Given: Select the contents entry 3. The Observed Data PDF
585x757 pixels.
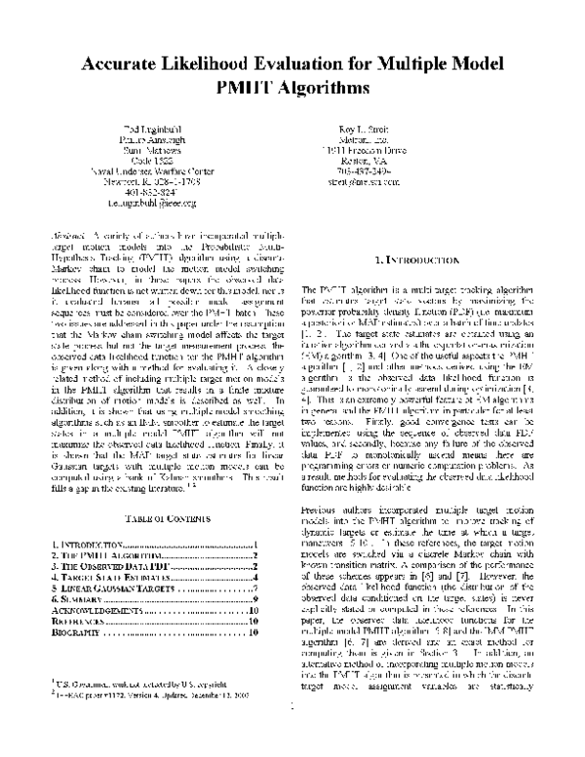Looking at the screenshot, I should [x=111, y=565].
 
